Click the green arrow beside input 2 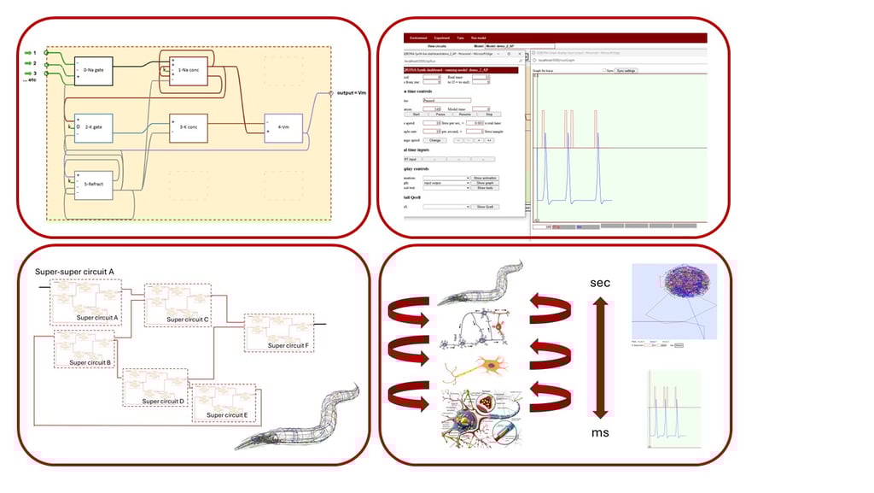(28, 63)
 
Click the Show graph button (485, 183)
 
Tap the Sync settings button (626, 71)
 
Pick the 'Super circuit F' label (286, 345)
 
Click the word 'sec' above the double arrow (600, 283)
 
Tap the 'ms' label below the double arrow (600, 432)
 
